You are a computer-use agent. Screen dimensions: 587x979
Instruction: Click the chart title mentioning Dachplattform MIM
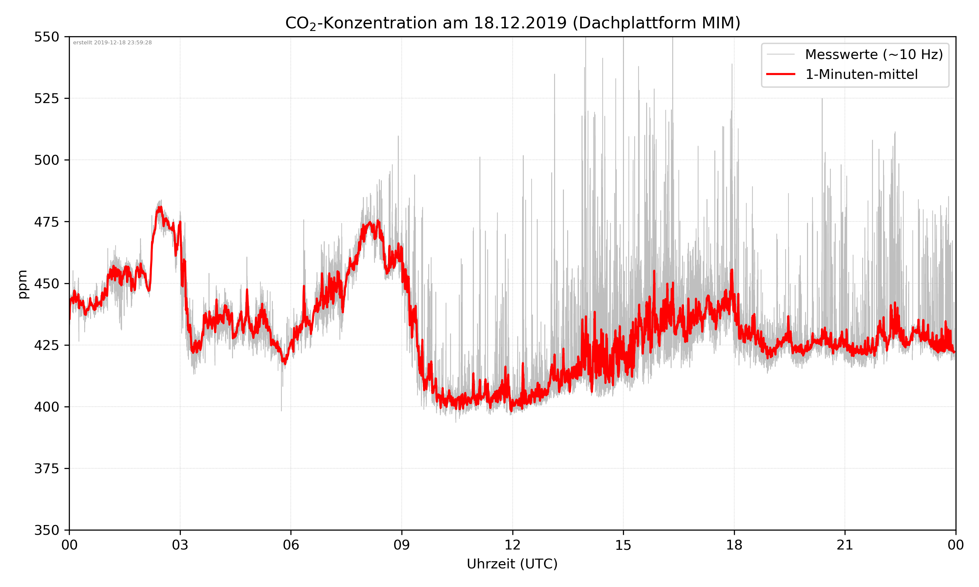(x=512, y=23)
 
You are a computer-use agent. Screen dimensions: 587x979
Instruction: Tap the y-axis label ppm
(x=23, y=284)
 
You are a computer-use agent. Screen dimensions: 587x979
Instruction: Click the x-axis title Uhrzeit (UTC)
(x=512, y=564)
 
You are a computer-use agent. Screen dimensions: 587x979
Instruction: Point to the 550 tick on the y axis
(x=46, y=37)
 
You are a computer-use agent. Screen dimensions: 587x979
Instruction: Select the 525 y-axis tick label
(x=46, y=98)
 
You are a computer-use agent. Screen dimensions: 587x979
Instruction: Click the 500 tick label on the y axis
(x=46, y=160)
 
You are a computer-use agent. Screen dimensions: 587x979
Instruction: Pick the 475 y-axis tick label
(x=46, y=222)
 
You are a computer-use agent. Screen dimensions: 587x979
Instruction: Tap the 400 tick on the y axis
(x=46, y=407)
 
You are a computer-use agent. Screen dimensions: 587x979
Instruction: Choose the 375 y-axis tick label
(x=46, y=469)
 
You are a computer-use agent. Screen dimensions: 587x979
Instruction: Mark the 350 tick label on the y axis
(x=46, y=531)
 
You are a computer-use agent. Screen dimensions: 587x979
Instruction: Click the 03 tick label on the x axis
(x=180, y=545)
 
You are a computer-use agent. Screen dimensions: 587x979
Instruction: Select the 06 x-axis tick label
(x=291, y=545)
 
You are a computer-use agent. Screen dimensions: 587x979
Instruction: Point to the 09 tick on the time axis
(x=402, y=545)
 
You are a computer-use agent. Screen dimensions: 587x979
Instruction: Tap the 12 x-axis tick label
(x=512, y=545)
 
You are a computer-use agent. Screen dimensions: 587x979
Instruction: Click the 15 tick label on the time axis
(x=623, y=545)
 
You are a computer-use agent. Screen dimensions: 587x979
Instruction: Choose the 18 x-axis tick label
(x=734, y=545)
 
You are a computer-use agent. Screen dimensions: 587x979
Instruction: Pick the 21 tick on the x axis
(x=845, y=545)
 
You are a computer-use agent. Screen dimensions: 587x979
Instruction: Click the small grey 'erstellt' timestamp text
(x=112, y=43)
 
